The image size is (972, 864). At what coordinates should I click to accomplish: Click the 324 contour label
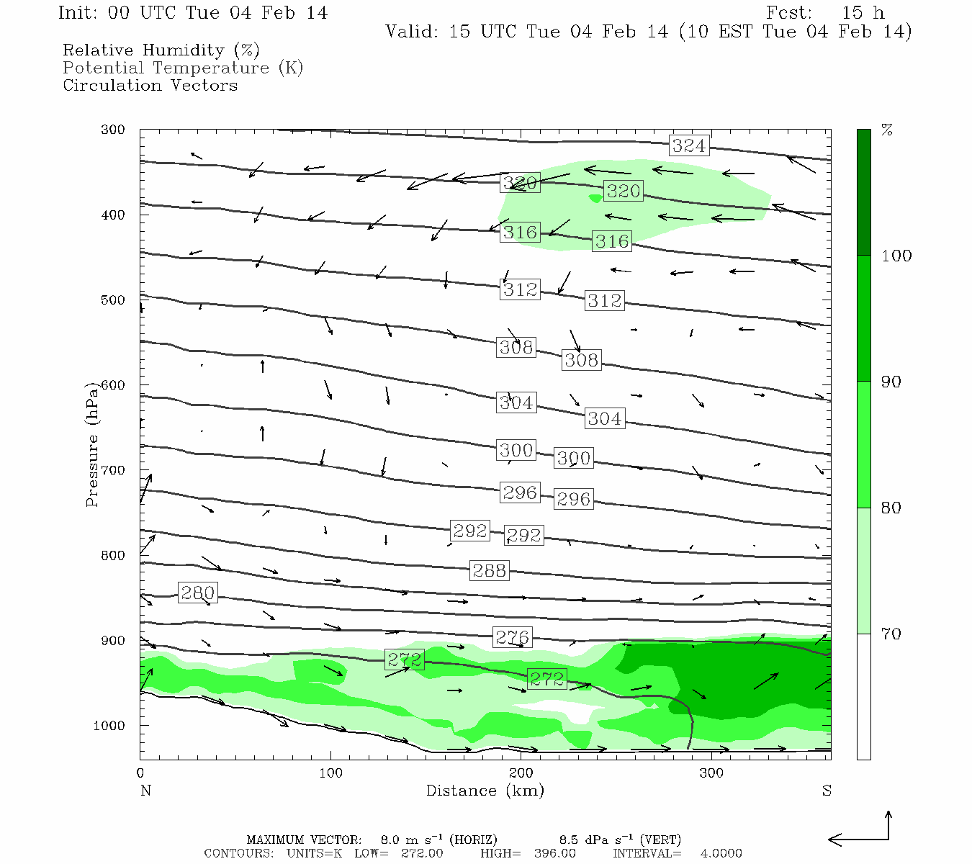[x=689, y=145]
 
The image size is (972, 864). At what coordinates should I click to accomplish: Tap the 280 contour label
[x=197, y=593]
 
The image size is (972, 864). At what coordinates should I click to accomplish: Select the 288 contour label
[x=490, y=571]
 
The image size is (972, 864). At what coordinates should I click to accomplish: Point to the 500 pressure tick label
[x=113, y=300]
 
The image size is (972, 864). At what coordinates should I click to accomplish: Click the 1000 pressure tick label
[x=109, y=726]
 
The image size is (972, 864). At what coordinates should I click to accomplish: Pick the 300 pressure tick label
[x=113, y=130]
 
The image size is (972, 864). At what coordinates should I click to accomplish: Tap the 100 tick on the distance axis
[x=331, y=773]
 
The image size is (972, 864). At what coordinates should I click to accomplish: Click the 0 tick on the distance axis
[x=140, y=773]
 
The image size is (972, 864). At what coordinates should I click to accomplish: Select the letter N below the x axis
[x=145, y=791]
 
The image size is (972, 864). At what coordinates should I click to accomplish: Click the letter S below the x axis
[x=827, y=791]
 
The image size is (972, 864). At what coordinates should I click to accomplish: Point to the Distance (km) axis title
[x=485, y=791]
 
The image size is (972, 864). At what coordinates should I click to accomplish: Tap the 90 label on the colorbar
[x=891, y=382]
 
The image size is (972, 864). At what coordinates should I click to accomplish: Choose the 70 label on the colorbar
[x=891, y=634]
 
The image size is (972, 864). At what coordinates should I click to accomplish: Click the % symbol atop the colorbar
[x=887, y=130]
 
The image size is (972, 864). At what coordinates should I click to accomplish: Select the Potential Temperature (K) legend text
[x=183, y=68]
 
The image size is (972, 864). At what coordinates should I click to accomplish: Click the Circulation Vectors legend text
[x=150, y=85]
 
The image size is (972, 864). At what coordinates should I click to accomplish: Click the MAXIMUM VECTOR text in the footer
[x=303, y=840]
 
